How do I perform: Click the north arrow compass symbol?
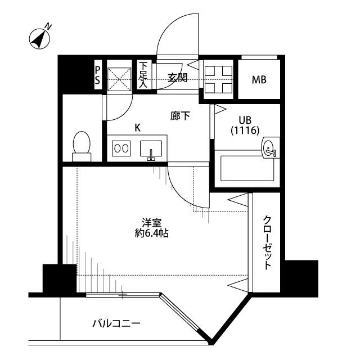pyautogui.click(x=39, y=39)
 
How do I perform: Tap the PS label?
pyautogui.click(x=97, y=75)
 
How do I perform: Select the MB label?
pyautogui.click(x=259, y=80)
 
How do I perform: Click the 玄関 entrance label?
pyautogui.click(x=178, y=78)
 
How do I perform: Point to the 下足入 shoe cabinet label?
pyautogui.click(x=143, y=75)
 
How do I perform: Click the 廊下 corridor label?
pyautogui.click(x=180, y=116)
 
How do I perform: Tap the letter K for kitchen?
pyautogui.click(x=137, y=128)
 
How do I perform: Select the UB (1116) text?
pyautogui.click(x=245, y=125)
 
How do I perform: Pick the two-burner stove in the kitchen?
pyautogui.click(x=121, y=148)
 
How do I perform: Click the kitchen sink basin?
pyautogui.click(x=151, y=148)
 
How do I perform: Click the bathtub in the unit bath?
pyautogui.click(x=247, y=168)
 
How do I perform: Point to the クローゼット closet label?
pyautogui.click(x=267, y=242)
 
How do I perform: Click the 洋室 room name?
pyautogui.click(x=151, y=223)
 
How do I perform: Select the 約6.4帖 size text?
pyautogui.click(x=151, y=233)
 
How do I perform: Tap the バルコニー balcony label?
pyautogui.click(x=116, y=324)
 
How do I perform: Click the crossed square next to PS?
pyautogui.click(x=119, y=79)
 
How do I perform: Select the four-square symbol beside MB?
pyautogui.click(x=218, y=79)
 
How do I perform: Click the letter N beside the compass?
pyautogui.click(x=48, y=26)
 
